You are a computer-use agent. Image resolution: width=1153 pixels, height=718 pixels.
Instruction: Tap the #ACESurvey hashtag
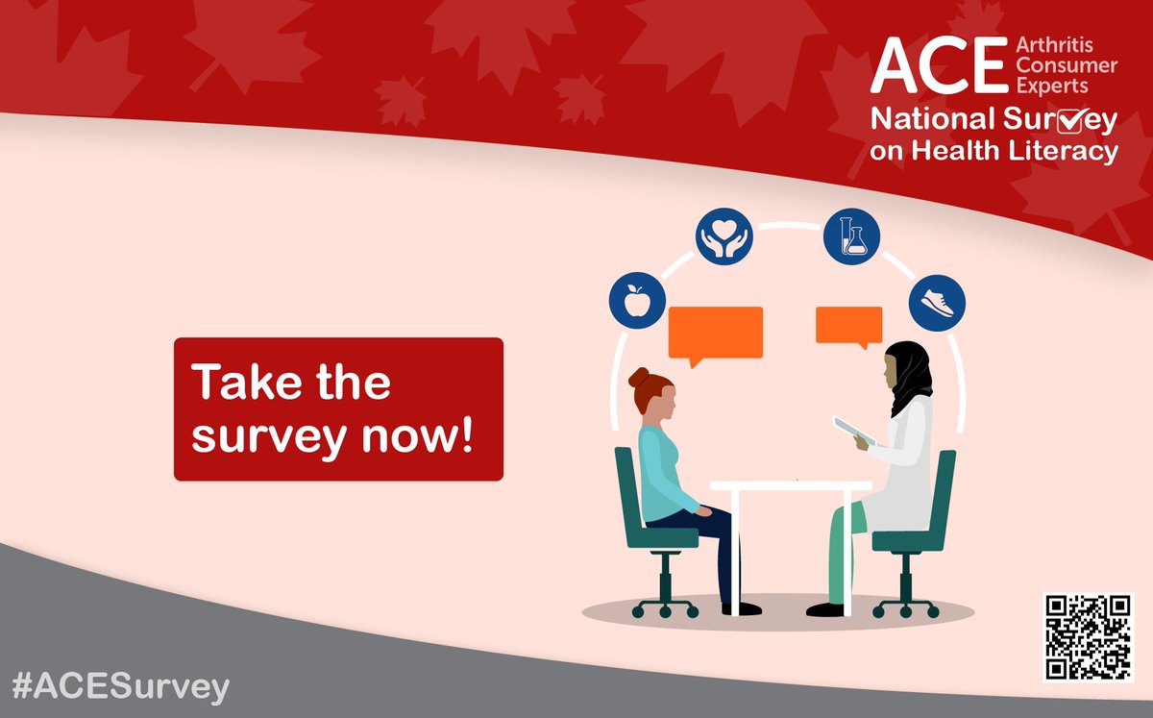tap(122, 687)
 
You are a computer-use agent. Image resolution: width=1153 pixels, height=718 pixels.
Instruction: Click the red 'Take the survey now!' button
tap(338, 409)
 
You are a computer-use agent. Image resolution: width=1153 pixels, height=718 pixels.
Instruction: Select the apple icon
tap(635, 303)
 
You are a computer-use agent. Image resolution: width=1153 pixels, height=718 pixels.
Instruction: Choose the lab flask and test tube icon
tap(851, 237)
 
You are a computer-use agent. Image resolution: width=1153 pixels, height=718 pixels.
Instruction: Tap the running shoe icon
tap(937, 301)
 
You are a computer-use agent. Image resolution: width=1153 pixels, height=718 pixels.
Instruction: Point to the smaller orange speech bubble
tap(848, 325)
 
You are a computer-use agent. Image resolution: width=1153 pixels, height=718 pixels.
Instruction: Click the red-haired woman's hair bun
tap(639, 378)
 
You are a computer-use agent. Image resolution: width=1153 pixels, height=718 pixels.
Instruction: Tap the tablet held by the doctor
tap(853, 431)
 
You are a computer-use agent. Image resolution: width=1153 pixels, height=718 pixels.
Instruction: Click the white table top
tap(790, 485)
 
